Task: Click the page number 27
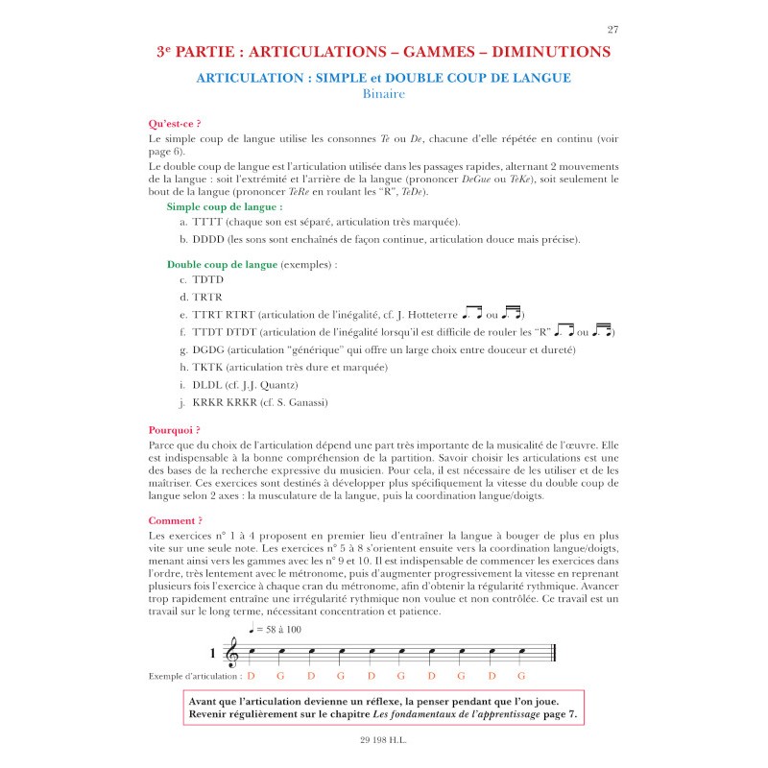(613, 30)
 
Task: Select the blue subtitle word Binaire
(383, 94)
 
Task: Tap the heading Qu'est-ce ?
(175, 124)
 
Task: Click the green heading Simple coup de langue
(224, 206)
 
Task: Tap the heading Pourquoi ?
(175, 430)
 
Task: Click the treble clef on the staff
(231, 654)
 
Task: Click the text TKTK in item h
(209, 368)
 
